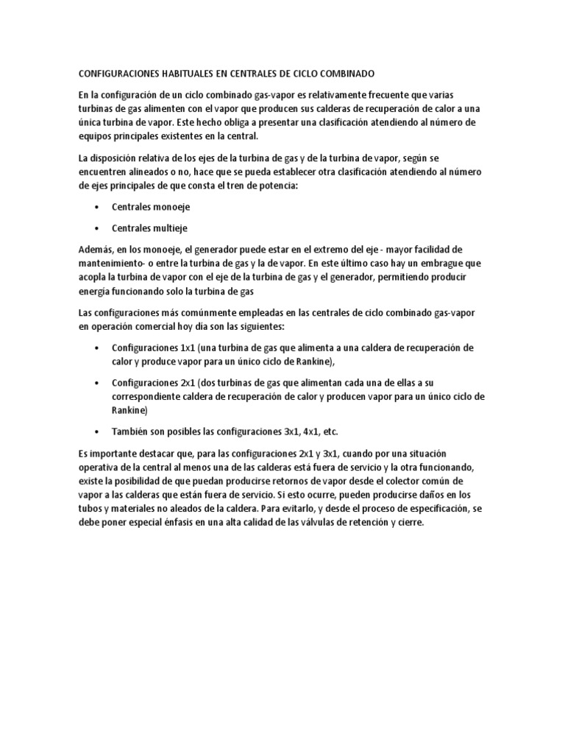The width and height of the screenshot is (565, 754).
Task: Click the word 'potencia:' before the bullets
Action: point(275,186)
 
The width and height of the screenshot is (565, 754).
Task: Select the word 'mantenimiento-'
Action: point(113,264)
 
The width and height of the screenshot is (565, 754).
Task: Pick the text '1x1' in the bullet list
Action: point(192,348)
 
